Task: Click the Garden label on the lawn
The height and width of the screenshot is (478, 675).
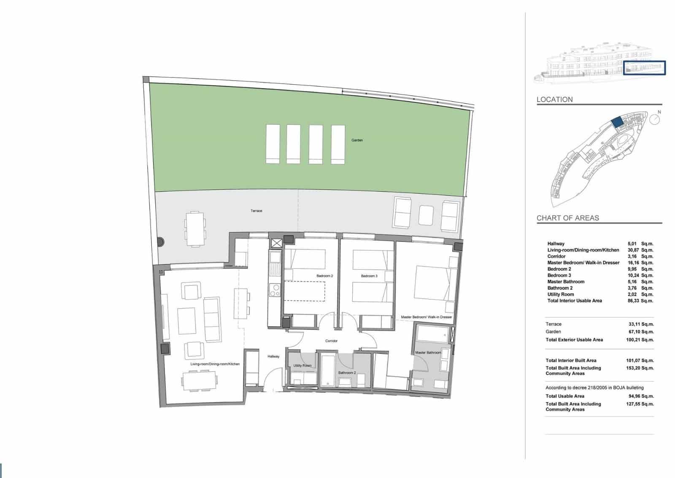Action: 357,140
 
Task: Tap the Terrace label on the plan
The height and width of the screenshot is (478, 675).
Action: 256,211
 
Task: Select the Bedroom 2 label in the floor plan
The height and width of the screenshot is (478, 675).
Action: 325,276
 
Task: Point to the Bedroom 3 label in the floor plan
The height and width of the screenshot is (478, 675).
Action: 369,276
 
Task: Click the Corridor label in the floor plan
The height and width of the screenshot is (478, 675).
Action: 331,341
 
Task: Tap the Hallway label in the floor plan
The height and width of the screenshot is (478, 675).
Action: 273,357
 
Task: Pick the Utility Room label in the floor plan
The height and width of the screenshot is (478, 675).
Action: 302,366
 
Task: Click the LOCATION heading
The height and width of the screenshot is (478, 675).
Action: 554,99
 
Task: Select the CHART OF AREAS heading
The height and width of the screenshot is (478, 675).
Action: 567,218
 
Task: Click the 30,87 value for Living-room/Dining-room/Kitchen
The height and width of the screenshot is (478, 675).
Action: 632,250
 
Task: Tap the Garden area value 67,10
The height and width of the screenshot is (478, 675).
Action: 635,332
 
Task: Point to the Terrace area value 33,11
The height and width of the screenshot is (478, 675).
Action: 635,324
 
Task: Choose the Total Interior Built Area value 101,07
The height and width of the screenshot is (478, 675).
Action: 634,360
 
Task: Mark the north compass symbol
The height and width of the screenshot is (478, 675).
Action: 655,120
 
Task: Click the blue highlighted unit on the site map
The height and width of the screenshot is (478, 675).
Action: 617,122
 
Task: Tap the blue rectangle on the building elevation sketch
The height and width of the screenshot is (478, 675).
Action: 644,68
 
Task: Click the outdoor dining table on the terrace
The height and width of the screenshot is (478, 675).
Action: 195,229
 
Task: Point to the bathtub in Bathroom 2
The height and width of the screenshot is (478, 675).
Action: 327,370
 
